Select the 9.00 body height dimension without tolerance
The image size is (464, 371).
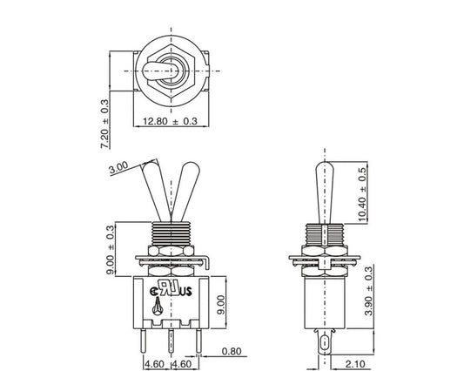coord(221,305)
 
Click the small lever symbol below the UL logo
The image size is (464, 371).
coord(158,306)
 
